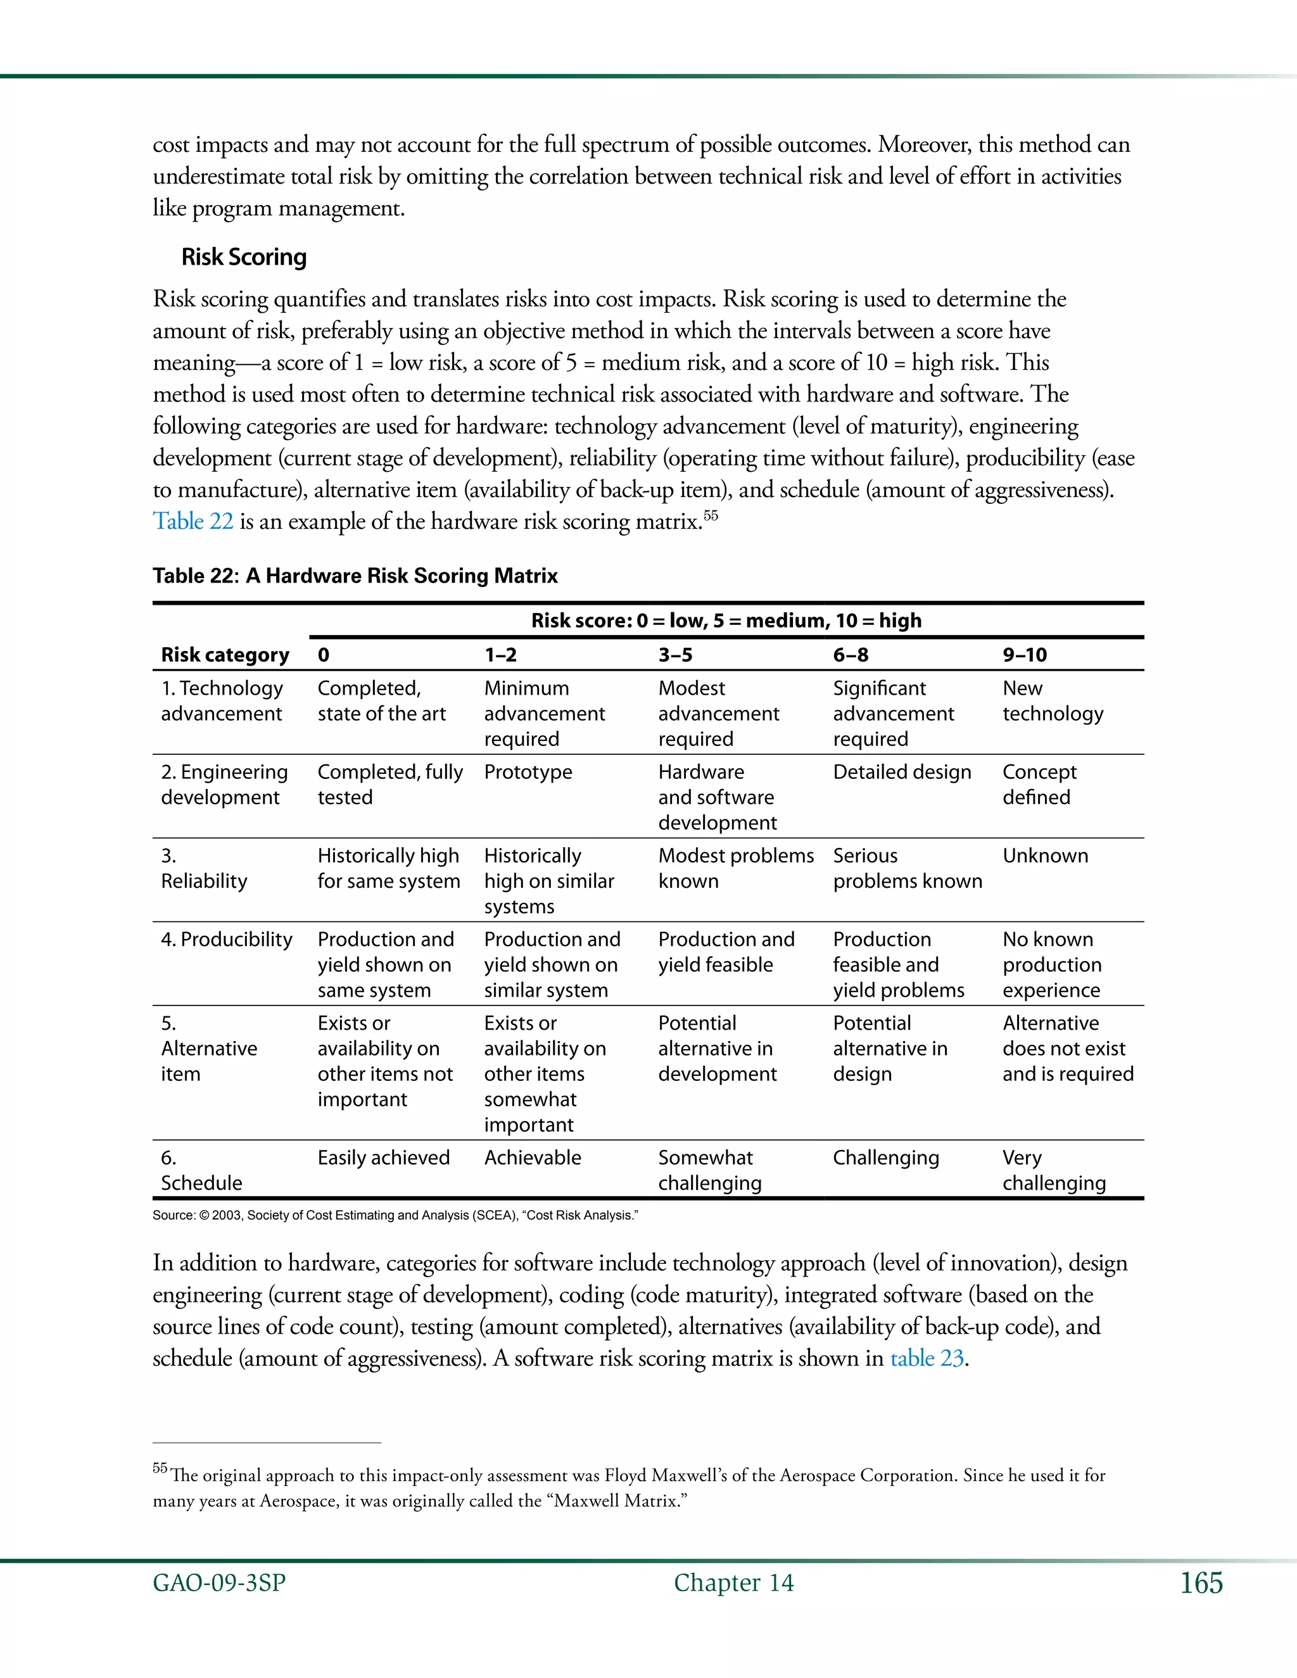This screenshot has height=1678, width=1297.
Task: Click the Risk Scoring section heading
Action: point(244,256)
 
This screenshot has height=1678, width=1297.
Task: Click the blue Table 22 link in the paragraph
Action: point(193,522)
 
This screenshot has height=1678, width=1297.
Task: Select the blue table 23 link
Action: point(927,1358)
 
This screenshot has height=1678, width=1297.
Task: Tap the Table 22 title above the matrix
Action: point(355,576)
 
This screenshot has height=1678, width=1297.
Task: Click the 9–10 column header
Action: point(1024,655)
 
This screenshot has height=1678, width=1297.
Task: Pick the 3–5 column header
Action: point(674,655)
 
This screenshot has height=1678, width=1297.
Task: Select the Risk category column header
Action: point(225,655)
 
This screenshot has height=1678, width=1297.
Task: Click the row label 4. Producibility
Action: point(227,940)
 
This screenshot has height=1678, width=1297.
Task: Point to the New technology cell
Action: point(1052,701)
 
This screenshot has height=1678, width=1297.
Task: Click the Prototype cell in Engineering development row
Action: point(528,772)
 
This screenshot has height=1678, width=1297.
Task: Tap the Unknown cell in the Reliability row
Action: point(1045,856)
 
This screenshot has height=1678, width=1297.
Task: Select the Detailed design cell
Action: point(902,772)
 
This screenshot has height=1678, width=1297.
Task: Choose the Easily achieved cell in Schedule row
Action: point(383,1158)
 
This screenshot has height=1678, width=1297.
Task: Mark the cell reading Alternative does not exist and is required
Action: point(1067,1049)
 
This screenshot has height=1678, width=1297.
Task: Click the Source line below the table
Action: point(395,1216)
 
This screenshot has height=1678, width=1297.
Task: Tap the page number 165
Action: point(1201,1584)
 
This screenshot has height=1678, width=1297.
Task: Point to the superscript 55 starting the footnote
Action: point(160,1468)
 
